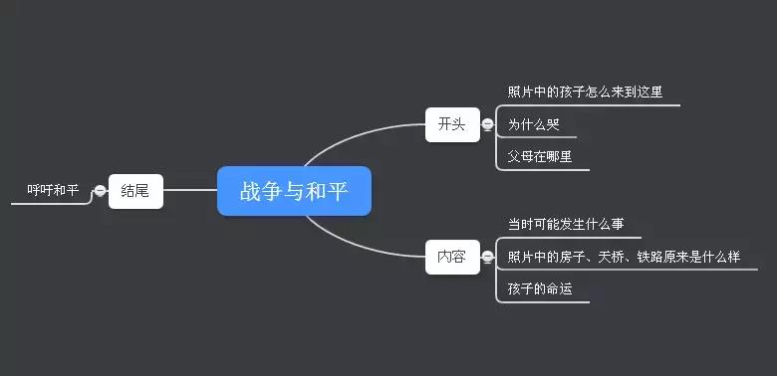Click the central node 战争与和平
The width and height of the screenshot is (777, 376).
click(x=294, y=191)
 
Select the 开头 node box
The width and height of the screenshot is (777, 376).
click(x=451, y=124)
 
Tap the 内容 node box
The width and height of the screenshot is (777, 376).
click(x=451, y=256)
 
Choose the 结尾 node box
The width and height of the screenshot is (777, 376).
click(x=135, y=190)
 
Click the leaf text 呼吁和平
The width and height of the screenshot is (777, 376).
click(x=53, y=190)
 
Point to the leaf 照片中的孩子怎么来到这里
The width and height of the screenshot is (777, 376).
click(x=585, y=93)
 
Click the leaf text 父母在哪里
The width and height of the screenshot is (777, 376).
click(x=540, y=156)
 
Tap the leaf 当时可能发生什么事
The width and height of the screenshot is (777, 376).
click(x=566, y=224)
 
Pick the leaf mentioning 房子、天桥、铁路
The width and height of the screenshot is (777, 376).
click(x=624, y=257)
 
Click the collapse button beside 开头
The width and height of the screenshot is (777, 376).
click(x=487, y=124)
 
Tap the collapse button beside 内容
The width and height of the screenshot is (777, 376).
click(x=487, y=257)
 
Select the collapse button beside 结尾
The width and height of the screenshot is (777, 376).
click(x=100, y=190)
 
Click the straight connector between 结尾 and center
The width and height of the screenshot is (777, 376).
click(x=189, y=190)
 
